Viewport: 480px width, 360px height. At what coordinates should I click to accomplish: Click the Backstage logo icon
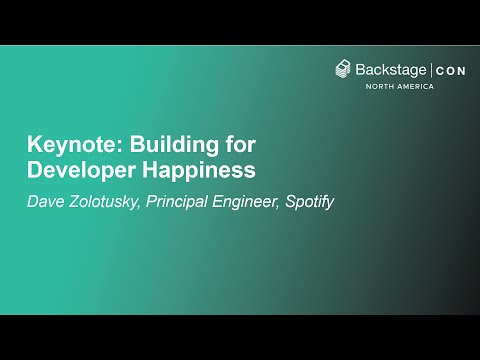(x=343, y=68)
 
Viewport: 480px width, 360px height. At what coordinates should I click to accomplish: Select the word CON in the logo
(x=449, y=69)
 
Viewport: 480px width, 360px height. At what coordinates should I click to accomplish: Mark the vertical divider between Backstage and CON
(x=431, y=69)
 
